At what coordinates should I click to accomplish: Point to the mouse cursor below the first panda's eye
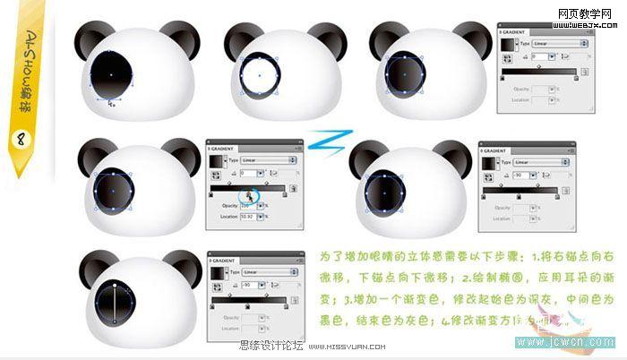point(111,103)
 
